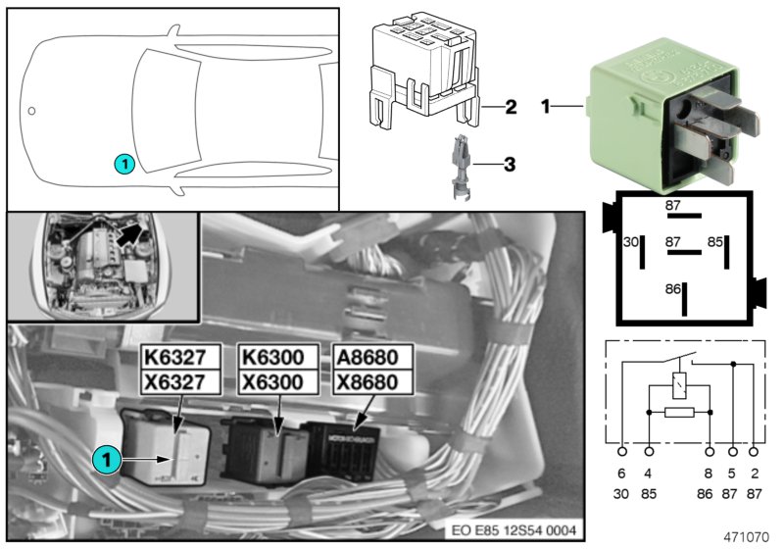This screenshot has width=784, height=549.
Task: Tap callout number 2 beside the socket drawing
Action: pos(510,107)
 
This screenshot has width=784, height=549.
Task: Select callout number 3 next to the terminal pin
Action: pos(509,165)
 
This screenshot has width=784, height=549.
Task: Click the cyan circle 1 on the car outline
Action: pos(122,165)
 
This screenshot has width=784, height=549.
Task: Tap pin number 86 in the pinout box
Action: pos(673,290)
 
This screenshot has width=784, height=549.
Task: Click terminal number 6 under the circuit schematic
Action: pos(622,472)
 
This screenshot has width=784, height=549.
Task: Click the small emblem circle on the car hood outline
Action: pos(32,111)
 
